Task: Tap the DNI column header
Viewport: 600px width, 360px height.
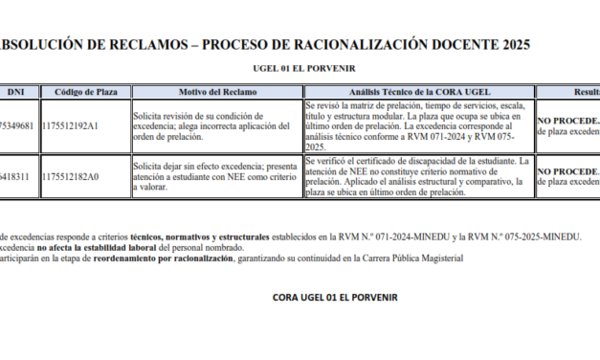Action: pyautogui.click(x=15, y=92)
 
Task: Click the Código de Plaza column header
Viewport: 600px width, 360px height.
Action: pyautogui.click(x=86, y=92)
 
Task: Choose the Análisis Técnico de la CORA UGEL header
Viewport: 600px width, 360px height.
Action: pyautogui.click(x=416, y=92)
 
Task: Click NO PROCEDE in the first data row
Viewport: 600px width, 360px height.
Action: pyautogui.click(x=568, y=121)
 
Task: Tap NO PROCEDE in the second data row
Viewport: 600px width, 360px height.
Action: pyautogui.click(x=568, y=170)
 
